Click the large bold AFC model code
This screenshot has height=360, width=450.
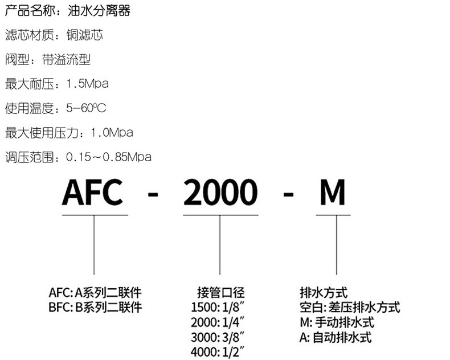click(x=92, y=192)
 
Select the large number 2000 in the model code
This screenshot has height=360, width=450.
click(x=220, y=192)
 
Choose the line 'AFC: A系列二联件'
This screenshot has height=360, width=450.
click(x=95, y=293)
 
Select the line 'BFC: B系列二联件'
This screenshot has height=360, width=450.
click(x=95, y=308)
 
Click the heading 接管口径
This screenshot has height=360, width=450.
click(x=220, y=293)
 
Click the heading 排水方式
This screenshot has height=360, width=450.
click(x=323, y=293)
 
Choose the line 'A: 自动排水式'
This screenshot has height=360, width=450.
click(x=335, y=337)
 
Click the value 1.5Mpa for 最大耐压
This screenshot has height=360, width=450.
click(x=87, y=84)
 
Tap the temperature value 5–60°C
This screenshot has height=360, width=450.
click(x=87, y=108)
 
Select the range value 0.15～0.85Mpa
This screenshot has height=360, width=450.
click(x=109, y=157)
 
